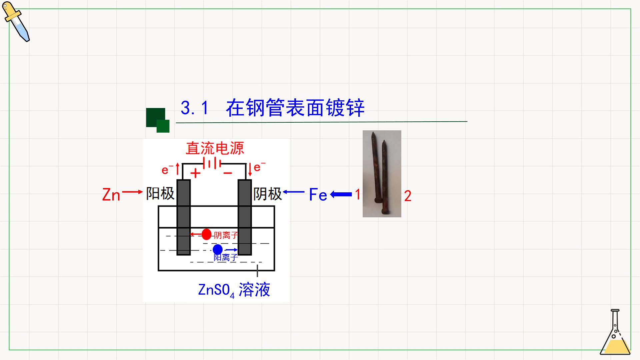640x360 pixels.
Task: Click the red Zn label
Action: (x=111, y=195)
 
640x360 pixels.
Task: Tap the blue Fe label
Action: (x=318, y=195)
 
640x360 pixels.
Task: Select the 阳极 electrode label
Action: (x=160, y=194)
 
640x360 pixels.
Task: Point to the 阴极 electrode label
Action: (x=268, y=194)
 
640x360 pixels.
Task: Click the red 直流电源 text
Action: (x=215, y=148)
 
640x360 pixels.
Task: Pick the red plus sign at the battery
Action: (x=195, y=173)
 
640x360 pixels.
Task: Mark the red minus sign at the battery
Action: (x=228, y=173)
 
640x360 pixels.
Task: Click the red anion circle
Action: (x=206, y=234)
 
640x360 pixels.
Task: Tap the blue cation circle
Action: (x=218, y=249)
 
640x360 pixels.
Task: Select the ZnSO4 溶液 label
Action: (x=234, y=290)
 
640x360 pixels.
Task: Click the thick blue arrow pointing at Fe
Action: (x=341, y=194)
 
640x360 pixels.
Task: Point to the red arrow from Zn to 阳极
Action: (x=132, y=192)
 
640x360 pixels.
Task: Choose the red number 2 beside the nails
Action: (x=408, y=196)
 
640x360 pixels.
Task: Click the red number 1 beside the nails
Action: (x=358, y=194)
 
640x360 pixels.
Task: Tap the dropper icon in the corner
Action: (x=16, y=22)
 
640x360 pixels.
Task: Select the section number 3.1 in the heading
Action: (x=195, y=108)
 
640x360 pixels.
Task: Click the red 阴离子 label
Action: (x=226, y=235)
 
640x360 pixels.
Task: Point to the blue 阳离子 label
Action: (x=226, y=257)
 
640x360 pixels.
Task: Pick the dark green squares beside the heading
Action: (x=158, y=120)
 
